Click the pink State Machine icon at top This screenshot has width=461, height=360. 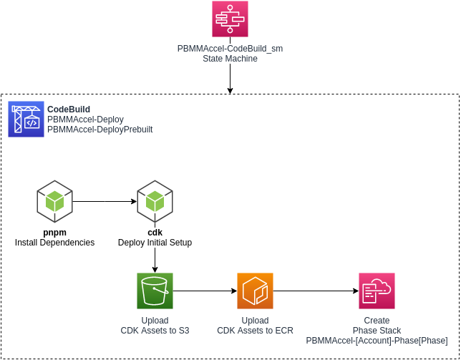[230, 19]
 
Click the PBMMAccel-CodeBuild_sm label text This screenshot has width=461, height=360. [230, 48]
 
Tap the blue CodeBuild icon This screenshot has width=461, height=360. [26, 119]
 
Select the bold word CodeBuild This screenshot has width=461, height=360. [69, 110]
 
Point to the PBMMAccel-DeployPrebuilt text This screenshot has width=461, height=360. [100, 130]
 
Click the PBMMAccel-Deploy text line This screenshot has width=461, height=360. [85, 120]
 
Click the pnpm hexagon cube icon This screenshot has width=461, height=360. [54, 201]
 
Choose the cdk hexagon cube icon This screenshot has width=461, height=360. [155, 201]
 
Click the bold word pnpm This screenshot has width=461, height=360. [54, 233]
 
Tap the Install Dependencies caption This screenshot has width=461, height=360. [54, 243]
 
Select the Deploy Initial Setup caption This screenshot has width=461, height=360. [155, 243]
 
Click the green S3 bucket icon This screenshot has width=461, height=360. [155, 291]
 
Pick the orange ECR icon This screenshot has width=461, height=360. [256, 291]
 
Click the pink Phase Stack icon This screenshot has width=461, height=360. [377, 291]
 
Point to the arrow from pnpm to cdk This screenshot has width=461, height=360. [105, 201]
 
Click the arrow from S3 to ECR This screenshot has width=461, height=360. [205, 291]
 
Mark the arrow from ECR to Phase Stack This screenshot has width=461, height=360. [316, 291]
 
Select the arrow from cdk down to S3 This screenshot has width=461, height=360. [155, 260]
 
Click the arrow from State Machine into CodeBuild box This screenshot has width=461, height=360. [230, 79]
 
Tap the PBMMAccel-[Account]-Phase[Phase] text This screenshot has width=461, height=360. [377, 341]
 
